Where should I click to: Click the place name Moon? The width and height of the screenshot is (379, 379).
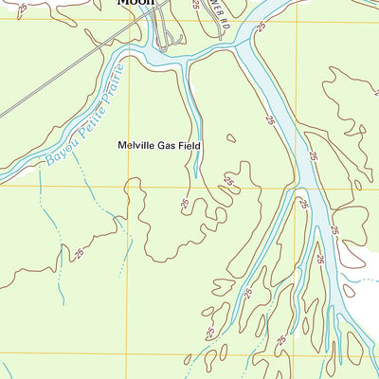tap(135, 3)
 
